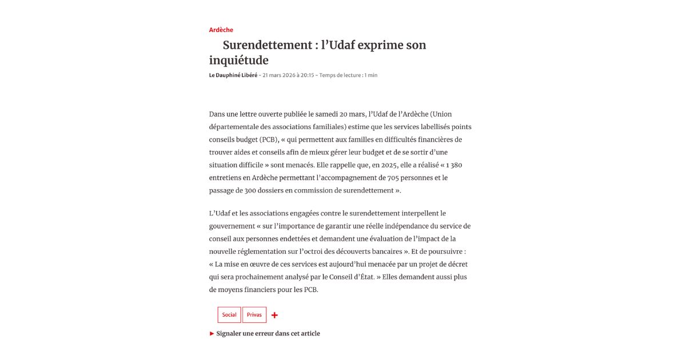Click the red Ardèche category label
point(221,30)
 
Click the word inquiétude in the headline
point(238,60)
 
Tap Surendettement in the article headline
point(266,45)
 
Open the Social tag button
point(229,315)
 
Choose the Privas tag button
point(254,315)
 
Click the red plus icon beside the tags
point(274,315)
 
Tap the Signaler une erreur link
point(268,334)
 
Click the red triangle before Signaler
point(212,334)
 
